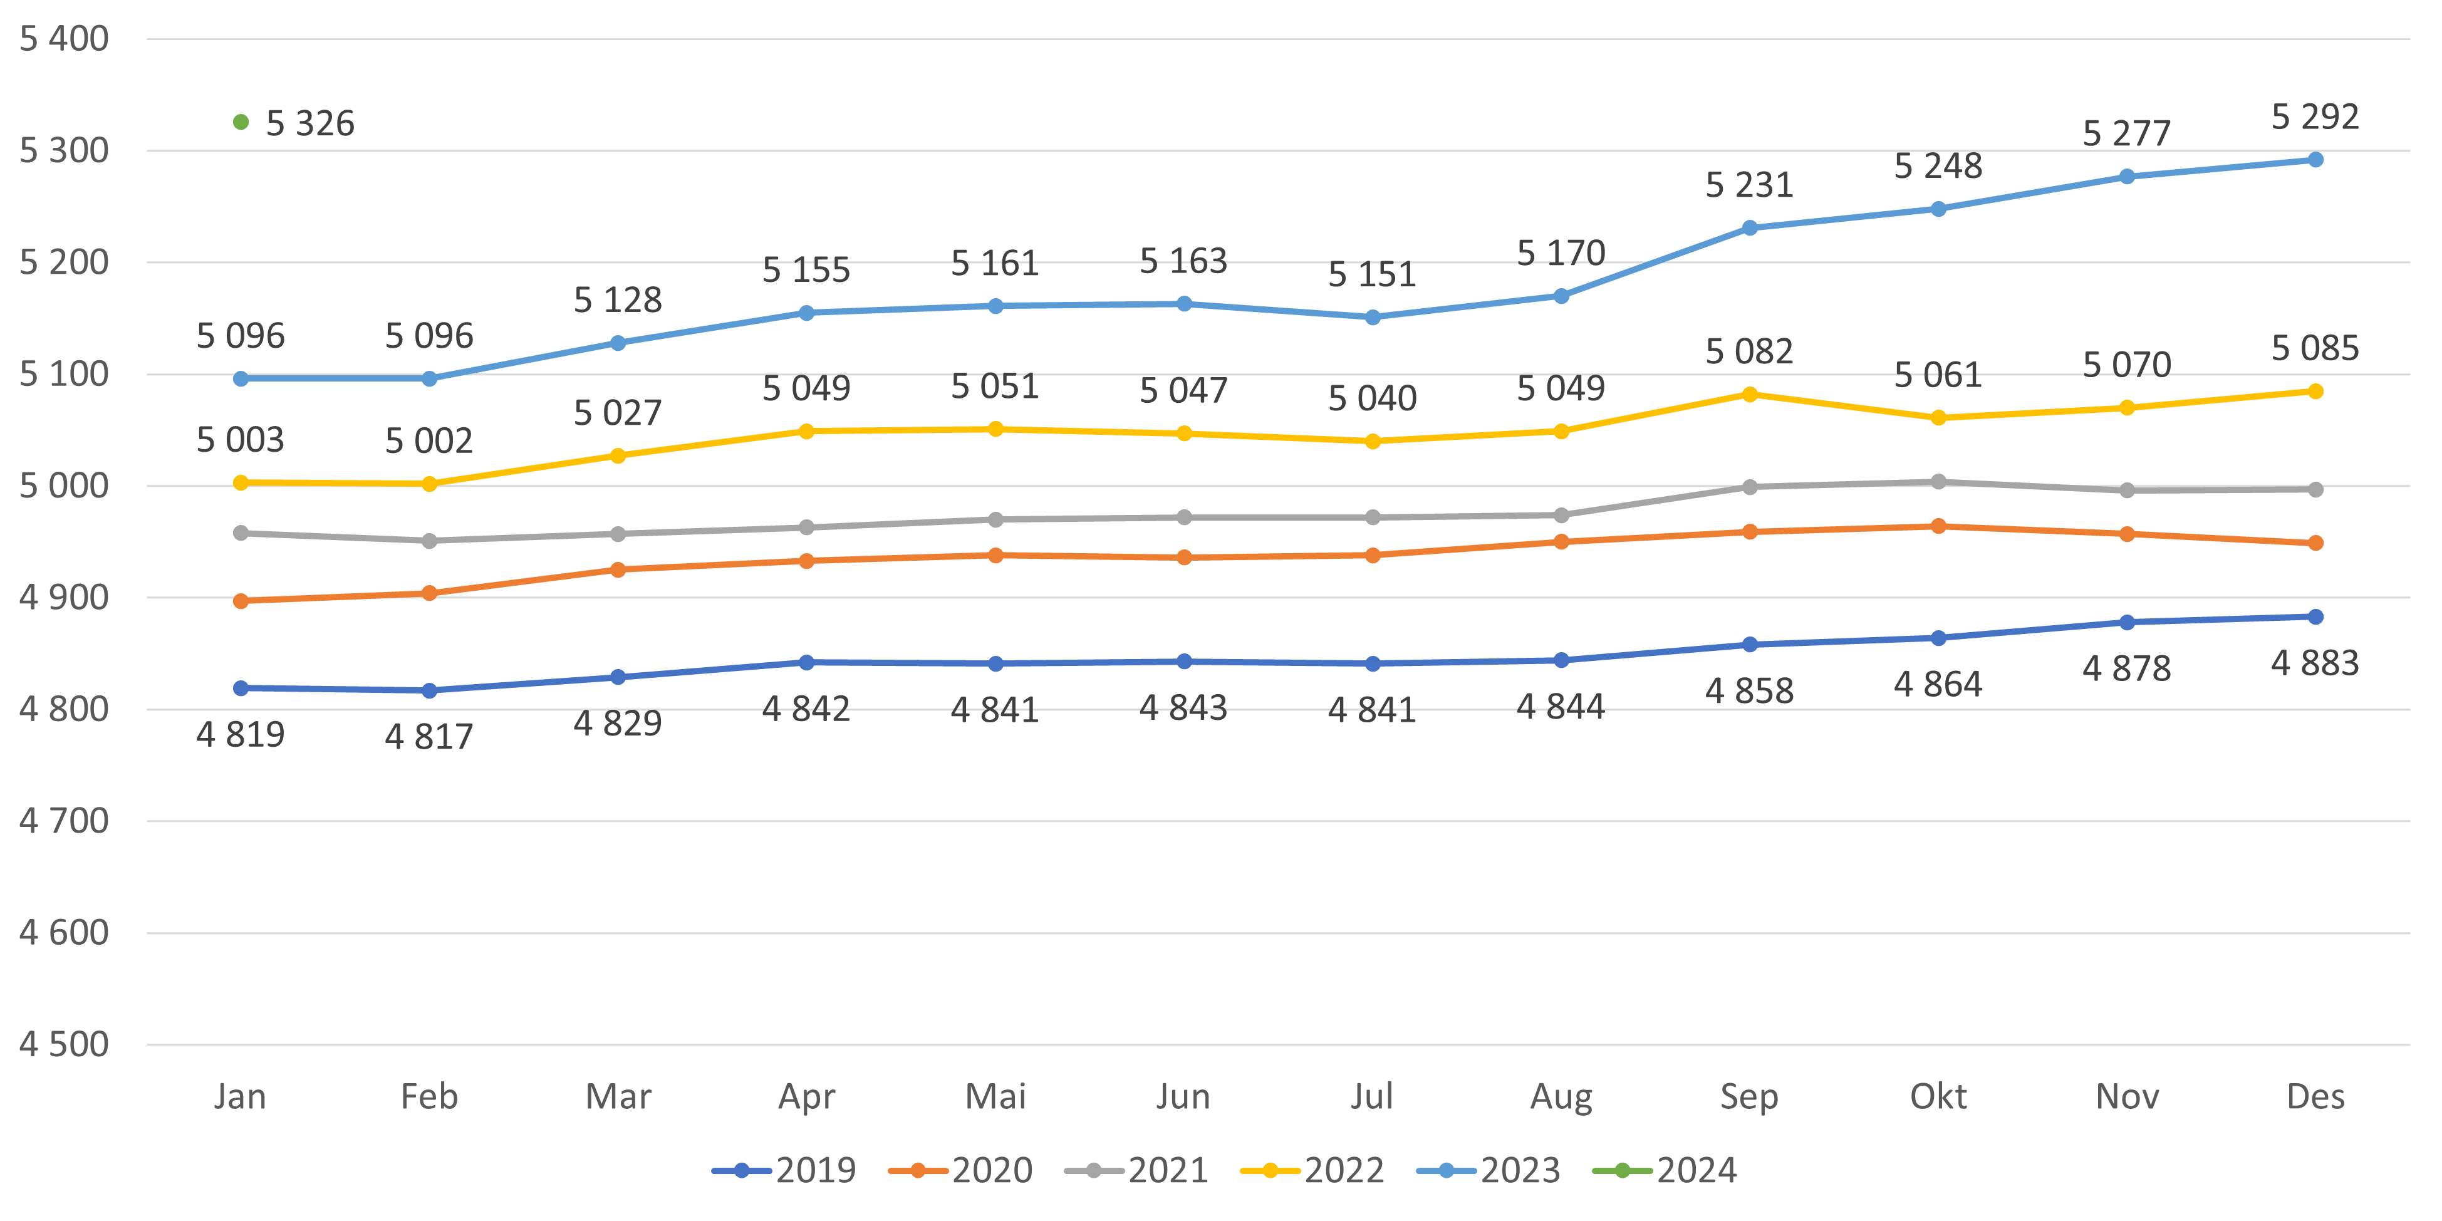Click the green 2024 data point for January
click(241, 122)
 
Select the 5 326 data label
click(310, 123)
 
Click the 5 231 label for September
click(1749, 185)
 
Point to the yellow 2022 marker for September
click(1750, 394)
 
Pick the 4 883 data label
click(2315, 663)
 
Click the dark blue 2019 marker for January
click(241, 688)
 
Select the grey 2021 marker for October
click(1938, 482)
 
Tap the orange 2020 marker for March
click(618, 569)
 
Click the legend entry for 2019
click(785, 1171)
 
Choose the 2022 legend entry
click(1313, 1171)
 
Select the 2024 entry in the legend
click(1666, 1171)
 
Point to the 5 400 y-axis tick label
click(63, 39)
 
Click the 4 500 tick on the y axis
click(63, 1045)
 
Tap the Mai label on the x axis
click(995, 1097)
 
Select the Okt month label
click(1938, 1097)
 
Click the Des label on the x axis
click(2315, 1097)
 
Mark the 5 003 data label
click(241, 440)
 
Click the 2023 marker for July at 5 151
click(1373, 318)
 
